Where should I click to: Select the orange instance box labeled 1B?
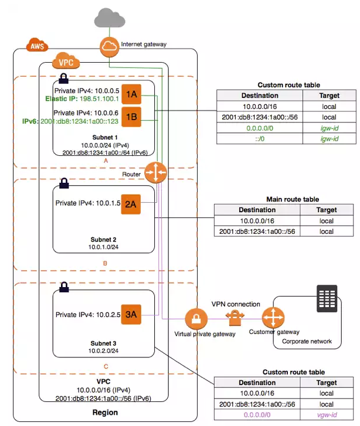pyautogui.click(x=132, y=117)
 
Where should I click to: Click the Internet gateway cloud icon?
pyautogui.click(x=110, y=47)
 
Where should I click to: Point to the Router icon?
pyautogui.click(x=157, y=171)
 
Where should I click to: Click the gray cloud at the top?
pyautogui.click(x=109, y=18)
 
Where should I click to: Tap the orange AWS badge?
pyautogui.click(x=38, y=45)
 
